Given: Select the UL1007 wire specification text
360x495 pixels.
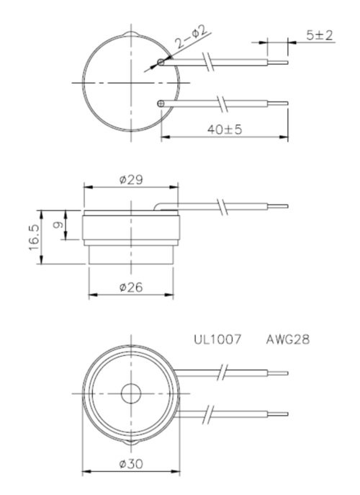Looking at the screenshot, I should click(216, 337).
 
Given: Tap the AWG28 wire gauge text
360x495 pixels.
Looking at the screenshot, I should click(287, 337).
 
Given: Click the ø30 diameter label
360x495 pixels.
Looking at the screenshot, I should click(130, 464).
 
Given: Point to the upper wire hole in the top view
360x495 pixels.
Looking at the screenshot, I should click(162, 63).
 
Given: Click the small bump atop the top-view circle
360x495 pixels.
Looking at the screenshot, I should click(130, 35).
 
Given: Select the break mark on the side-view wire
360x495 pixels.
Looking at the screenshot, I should click(227, 207).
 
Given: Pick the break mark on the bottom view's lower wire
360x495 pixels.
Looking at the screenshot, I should click(207, 414).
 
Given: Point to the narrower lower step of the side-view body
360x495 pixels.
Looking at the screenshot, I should click(130, 254).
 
